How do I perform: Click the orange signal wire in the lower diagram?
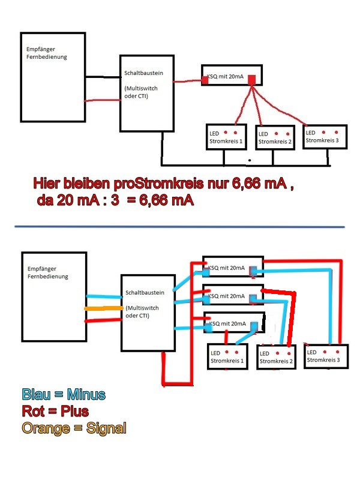104,308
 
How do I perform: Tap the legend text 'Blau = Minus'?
64,394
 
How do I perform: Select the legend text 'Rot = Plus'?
55,411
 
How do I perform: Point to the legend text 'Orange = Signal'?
74,428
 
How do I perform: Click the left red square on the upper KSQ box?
205,80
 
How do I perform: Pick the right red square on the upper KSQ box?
251,80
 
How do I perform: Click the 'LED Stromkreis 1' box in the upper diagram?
227,137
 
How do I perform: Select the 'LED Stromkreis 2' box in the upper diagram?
275,137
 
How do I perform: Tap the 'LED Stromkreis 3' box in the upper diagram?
325,137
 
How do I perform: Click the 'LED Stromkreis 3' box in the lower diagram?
326,356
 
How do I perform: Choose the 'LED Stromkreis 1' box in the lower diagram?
228,356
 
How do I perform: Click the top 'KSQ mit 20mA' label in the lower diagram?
227,268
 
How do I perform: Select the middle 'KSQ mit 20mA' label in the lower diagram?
227,296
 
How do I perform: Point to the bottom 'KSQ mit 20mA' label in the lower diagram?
227,323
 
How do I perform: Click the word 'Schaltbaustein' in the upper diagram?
143,73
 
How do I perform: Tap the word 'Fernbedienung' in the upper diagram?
47,57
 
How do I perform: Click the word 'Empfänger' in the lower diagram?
42,269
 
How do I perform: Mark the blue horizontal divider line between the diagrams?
179,227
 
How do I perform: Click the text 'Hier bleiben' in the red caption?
71,183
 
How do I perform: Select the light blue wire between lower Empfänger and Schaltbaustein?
104,296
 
